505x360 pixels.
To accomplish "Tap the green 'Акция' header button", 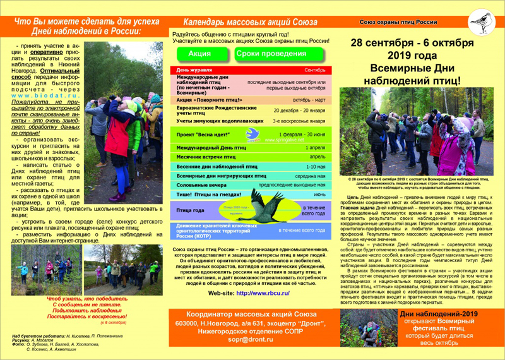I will click(199, 54).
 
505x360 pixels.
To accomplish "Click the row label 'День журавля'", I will click(194, 69).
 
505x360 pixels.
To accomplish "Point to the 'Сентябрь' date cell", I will click(314, 69).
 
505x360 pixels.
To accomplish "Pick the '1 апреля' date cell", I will click(314, 147).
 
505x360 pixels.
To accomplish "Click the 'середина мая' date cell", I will click(311, 175).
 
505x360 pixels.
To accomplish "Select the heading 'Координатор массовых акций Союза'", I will click(251, 315).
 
